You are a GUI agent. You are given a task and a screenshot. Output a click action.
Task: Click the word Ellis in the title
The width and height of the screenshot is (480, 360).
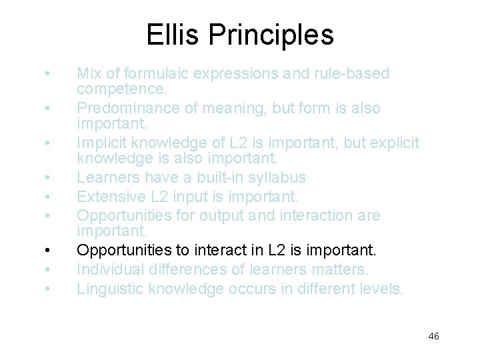click(x=173, y=34)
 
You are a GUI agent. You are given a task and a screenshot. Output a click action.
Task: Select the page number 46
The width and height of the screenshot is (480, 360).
click(x=433, y=336)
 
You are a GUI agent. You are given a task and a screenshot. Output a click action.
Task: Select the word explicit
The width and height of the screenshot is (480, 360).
click(x=391, y=143)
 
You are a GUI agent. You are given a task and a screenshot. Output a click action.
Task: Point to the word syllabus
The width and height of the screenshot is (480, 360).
click(x=274, y=177)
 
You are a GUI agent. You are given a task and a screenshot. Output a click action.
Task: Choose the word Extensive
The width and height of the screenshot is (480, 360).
click(x=109, y=197)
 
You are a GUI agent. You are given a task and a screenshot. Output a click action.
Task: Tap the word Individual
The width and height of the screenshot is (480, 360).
click(x=109, y=269)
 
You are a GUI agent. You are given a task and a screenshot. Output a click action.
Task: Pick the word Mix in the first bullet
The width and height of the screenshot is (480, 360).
click(x=88, y=73)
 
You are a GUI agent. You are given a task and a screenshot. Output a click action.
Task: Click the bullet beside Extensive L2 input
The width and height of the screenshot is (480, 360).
click(x=47, y=197)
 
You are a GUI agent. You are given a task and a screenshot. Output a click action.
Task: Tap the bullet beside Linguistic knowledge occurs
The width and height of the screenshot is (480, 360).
click(x=47, y=289)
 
